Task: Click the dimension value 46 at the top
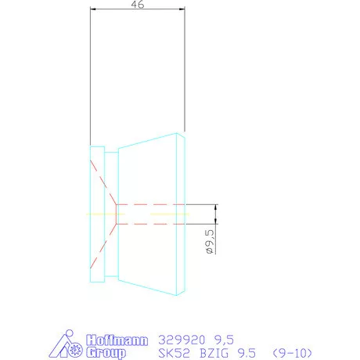click(x=137, y=5)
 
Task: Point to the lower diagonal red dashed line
click(x=103, y=246)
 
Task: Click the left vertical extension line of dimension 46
click(x=90, y=78)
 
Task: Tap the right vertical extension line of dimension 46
click(x=185, y=78)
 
